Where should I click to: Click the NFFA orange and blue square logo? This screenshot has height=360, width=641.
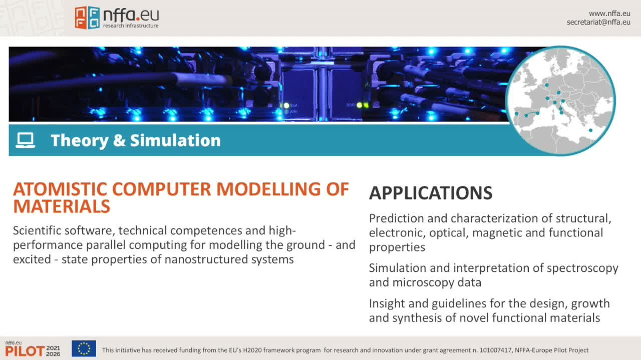(x=87, y=18)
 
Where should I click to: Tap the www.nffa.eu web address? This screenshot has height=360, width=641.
(x=609, y=14)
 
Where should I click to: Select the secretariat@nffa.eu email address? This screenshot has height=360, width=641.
(x=598, y=22)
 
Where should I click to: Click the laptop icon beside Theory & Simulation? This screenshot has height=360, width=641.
(x=26, y=140)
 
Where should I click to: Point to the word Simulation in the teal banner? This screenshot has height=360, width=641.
(x=175, y=140)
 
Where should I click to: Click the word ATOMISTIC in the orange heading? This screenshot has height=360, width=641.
(x=60, y=189)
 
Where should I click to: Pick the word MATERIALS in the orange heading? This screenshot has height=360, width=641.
(x=62, y=206)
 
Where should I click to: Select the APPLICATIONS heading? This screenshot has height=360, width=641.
(x=431, y=193)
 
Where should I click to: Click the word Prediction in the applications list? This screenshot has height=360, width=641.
(x=396, y=218)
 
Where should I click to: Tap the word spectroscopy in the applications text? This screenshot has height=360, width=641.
(x=582, y=269)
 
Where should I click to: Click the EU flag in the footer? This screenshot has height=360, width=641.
(x=84, y=348)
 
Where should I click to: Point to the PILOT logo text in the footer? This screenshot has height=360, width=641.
(x=25, y=351)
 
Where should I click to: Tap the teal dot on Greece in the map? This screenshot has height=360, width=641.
(x=590, y=131)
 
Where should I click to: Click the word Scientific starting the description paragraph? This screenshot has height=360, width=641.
(x=37, y=231)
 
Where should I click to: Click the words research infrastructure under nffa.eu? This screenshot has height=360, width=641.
(x=131, y=26)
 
